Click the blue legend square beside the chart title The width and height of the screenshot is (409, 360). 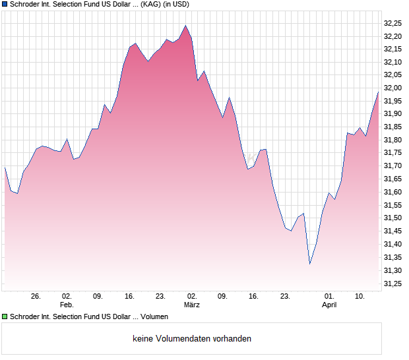pos(5,4)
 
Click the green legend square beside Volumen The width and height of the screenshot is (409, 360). pos(5,317)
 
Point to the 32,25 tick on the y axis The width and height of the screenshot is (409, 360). pos(393,23)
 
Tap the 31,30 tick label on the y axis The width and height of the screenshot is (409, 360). pos(393,270)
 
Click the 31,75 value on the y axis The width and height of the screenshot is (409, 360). pos(393,153)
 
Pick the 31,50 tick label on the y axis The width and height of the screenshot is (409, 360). pos(393,218)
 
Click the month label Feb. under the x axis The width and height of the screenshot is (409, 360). pos(67,305)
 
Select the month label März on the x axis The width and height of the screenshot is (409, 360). pos(191,305)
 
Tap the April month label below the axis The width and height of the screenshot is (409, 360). pos(329,305)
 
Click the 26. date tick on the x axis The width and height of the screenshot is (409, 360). pos(36,297)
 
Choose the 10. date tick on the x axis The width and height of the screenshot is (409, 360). pos(360,297)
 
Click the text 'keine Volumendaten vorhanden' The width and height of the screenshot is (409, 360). pos(192,339)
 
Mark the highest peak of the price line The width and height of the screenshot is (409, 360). pos(186,26)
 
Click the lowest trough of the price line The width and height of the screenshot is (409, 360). pos(310,264)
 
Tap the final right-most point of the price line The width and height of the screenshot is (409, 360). pos(378,92)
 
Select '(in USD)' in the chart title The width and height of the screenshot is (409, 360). pos(189,4)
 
